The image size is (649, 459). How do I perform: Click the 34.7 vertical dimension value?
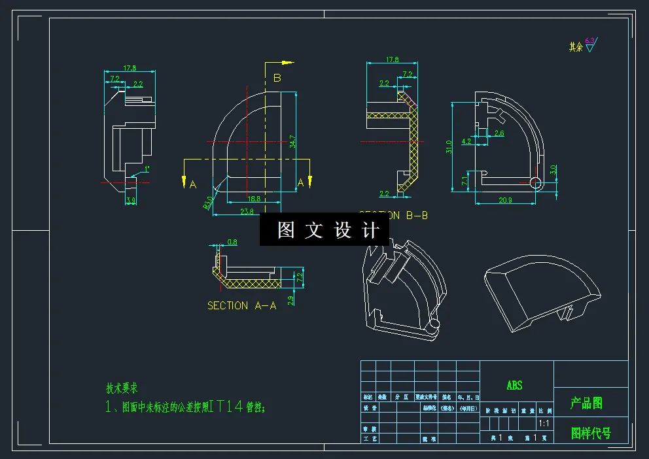[x=292, y=141]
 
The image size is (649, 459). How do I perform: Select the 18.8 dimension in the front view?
[x=253, y=199]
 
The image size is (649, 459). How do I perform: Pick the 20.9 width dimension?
[x=505, y=200]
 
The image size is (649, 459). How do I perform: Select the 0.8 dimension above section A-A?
[x=232, y=243]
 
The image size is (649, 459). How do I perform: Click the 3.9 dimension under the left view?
[x=131, y=201]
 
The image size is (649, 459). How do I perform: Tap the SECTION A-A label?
[x=241, y=305]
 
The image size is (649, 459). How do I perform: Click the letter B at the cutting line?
[x=277, y=78]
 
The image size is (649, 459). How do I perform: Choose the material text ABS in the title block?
[x=515, y=386]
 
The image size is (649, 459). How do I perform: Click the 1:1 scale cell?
[x=544, y=424]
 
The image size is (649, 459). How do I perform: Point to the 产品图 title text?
[x=586, y=403]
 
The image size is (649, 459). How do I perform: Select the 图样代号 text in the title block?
[x=591, y=433]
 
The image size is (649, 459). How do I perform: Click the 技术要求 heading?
[x=122, y=388]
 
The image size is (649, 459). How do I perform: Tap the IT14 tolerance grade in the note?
[x=226, y=407]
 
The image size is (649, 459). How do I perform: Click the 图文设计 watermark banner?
[x=324, y=229]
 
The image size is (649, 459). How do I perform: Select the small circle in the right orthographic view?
[x=536, y=182]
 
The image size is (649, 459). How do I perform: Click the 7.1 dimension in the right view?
[x=465, y=181]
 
